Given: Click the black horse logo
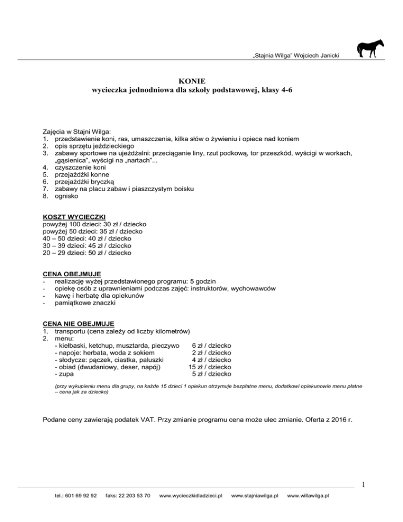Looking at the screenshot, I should (370, 48).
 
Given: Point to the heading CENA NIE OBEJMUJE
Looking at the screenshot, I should (79, 323).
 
